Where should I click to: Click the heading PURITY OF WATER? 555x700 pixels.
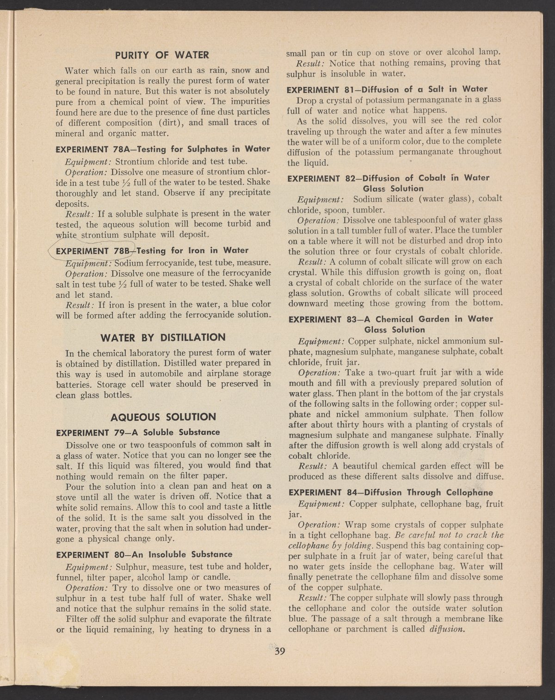162,55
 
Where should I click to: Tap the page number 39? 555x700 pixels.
280,652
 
